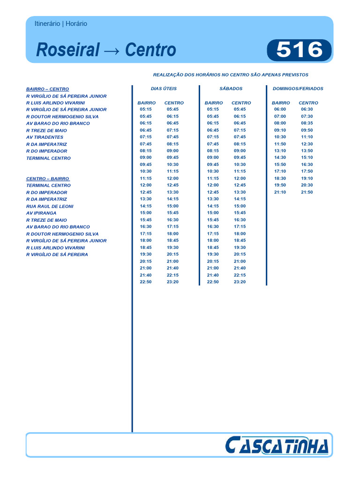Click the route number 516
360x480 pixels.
pyautogui.click(x=300, y=50)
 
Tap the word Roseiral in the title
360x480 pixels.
pyautogui.click(x=68, y=50)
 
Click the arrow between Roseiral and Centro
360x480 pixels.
pyautogui.click(x=112, y=50)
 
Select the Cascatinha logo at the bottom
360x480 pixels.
pyautogui.click(x=276, y=445)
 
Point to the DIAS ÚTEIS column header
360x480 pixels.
pyautogui.click(x=164, y=88)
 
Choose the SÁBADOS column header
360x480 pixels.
pyautogui.click(x=231, y=88)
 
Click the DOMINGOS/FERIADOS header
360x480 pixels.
pyautogui.click(x=298, y=88)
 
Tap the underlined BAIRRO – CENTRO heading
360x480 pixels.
pyautogui.click(x=47, y=89)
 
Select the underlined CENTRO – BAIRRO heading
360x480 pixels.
pyautogui.click(x=47, y=179)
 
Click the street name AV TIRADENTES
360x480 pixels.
pyautogui.click(x=45, y=137)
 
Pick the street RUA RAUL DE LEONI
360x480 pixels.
pyautogui.click(x=50, y=206)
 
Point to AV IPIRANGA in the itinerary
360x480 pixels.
pyautogui.click(x=41, y=213)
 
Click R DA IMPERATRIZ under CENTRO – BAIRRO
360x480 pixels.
pyautogui.click(x=46, y=199)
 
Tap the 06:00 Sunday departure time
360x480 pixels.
pyautogui.click(x=280, y=109)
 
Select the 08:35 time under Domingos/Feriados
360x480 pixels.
pyautogui.click(x=307, y=123)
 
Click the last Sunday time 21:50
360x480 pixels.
pyautogui.click(x=307, y=192)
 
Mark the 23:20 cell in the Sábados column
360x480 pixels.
pyautogui.click(x=240, y=282)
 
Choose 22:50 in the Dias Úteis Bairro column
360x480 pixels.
pyautogui.click(x=146, y=282)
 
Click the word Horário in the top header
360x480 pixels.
pyautogui.click(x=75, y=23)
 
